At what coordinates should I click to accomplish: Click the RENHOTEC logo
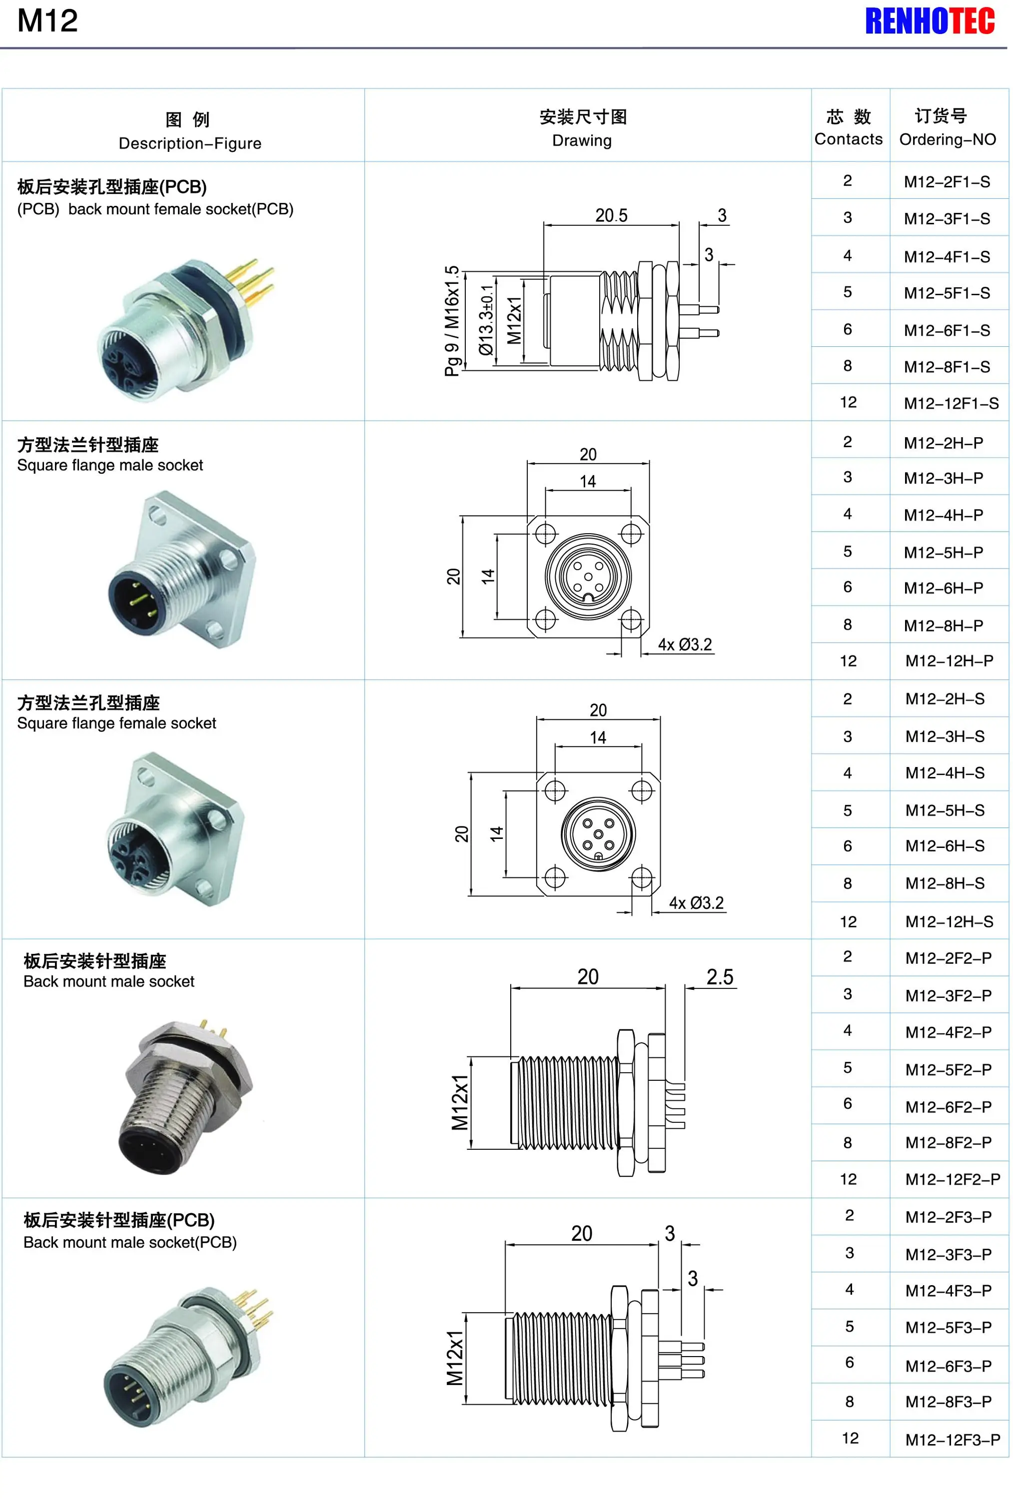tap(929, 21)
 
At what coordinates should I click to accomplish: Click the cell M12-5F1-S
tap(947, 293)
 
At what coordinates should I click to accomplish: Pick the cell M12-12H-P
tap(949, 661)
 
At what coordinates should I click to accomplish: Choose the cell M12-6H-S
tap(945, 845)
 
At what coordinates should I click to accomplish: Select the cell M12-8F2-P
tap(948, 1142)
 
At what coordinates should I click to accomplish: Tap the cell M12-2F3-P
tap(948, 1217)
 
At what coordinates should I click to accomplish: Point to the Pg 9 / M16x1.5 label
tap(452, 321)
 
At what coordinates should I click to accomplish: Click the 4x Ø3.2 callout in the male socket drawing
tap(685, 645)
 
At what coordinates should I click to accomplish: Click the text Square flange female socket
tap(116, 723)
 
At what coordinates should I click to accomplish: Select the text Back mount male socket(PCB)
tap(130, 1242)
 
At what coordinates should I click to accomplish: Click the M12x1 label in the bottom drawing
tap(454, 1357)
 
